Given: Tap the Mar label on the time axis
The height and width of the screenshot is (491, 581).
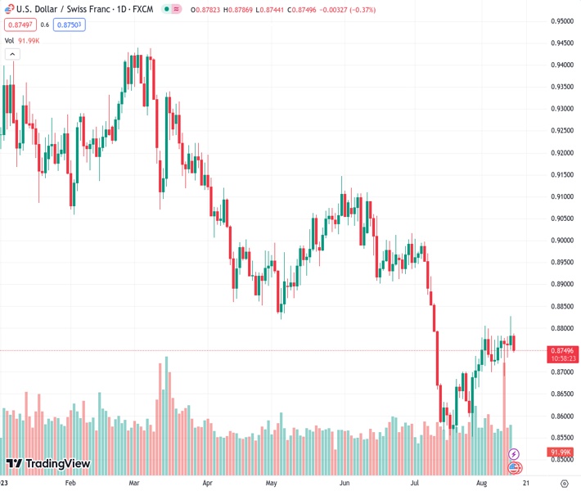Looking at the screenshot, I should [x=134, y=484].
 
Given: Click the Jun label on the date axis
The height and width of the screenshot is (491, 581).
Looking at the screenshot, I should [x=345, y=484].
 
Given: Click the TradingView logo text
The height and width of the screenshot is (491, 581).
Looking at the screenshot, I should [x=49, y=464].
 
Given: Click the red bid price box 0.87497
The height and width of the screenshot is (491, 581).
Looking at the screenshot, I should [x=18, y=25].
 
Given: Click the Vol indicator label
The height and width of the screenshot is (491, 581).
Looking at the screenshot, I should [x=9, y=40].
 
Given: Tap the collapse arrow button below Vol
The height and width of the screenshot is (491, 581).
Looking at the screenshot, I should [x=12, y=54].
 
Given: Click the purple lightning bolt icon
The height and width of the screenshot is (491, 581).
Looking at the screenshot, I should [x=514, y=453].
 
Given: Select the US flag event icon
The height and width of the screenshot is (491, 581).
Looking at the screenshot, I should [x=514, y=467].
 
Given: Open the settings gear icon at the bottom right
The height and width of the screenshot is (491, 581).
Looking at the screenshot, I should [x=563, y=484].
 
